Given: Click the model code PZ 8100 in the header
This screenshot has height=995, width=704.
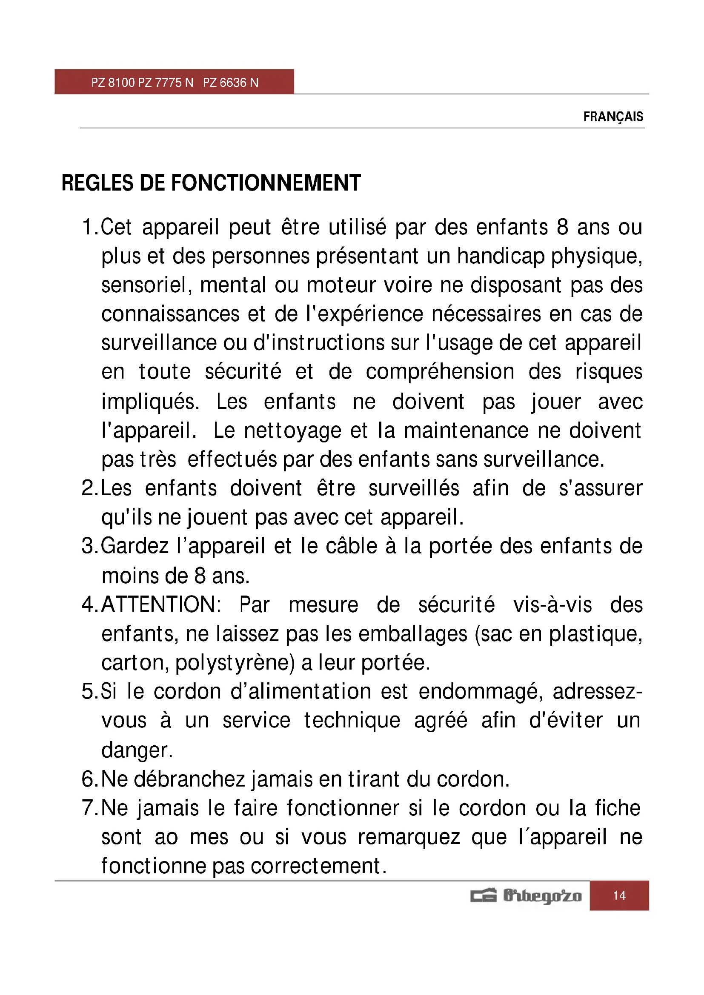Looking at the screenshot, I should click(x=113, y=83).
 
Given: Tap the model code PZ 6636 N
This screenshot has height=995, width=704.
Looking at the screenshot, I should click(x=231, y=83).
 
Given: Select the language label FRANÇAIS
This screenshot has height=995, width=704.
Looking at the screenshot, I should click(x=613, y=117).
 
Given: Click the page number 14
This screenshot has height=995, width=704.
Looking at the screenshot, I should click(x=619, y=895).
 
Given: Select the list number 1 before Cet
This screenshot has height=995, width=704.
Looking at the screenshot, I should click(x=88, y=228).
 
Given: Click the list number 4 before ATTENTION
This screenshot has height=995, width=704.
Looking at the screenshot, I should click(x=88, y=604).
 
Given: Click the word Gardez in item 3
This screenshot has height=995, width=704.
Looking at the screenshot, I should click(x=135, y=546).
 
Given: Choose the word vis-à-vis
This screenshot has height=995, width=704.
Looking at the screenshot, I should click(x=552, y=604).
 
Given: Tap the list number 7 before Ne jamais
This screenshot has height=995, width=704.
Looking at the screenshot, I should click(x=88, y=808).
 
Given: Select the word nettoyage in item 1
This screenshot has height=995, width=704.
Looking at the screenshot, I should click(x=292, y=431).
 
